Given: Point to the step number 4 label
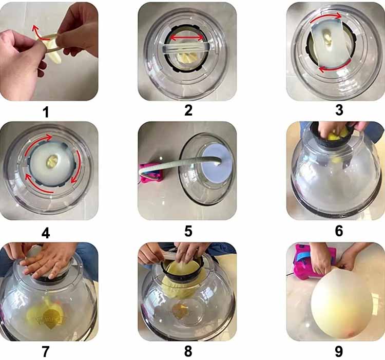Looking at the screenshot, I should tap(46, 232).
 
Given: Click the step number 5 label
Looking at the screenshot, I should tap(188, 231).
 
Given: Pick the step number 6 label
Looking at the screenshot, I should tap(339, 231).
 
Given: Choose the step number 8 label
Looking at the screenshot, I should tap(188, 352).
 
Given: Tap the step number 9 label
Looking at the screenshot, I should tap(339, 352).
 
